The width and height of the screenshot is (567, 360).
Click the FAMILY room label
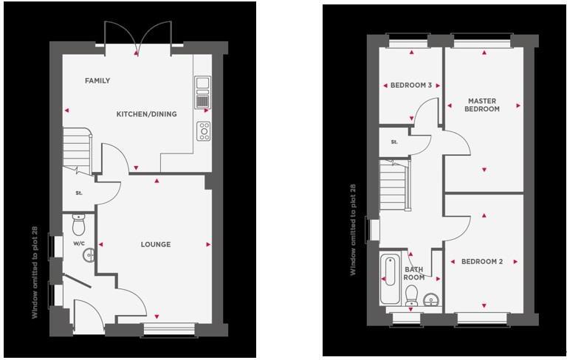pyautogui.click(x=97, y=80)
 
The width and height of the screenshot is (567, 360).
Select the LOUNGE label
pyautogui.click(x=156, y=244)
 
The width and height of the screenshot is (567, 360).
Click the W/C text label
pyautogui.click(x=78, y=243)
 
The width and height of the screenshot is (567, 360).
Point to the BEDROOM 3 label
pyautogui.click(x=411, y=86)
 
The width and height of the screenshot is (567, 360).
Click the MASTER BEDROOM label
pyautogui.click(x=482, y=105)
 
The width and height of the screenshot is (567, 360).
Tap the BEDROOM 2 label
pyautogui.click(x=482, y=261)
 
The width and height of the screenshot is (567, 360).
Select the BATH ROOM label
pyautogui.click(x=414, y=274)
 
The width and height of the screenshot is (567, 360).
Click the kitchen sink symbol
pyautogui.click(x=203, y=91)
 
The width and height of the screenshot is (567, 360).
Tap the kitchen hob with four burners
pyautogui.click(x=204, y=131)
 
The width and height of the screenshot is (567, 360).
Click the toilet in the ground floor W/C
pyautogui.click(x=79, y=221)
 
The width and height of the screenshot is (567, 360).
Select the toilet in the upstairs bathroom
pyautogui.click(x=413, y=297)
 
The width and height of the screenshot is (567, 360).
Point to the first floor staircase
pyautogui.click(x=394, y=185)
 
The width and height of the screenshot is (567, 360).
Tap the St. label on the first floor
pyautogui.click(x=394, y=142)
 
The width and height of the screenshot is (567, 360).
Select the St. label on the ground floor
pyautogui.click(x=78, y=193)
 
